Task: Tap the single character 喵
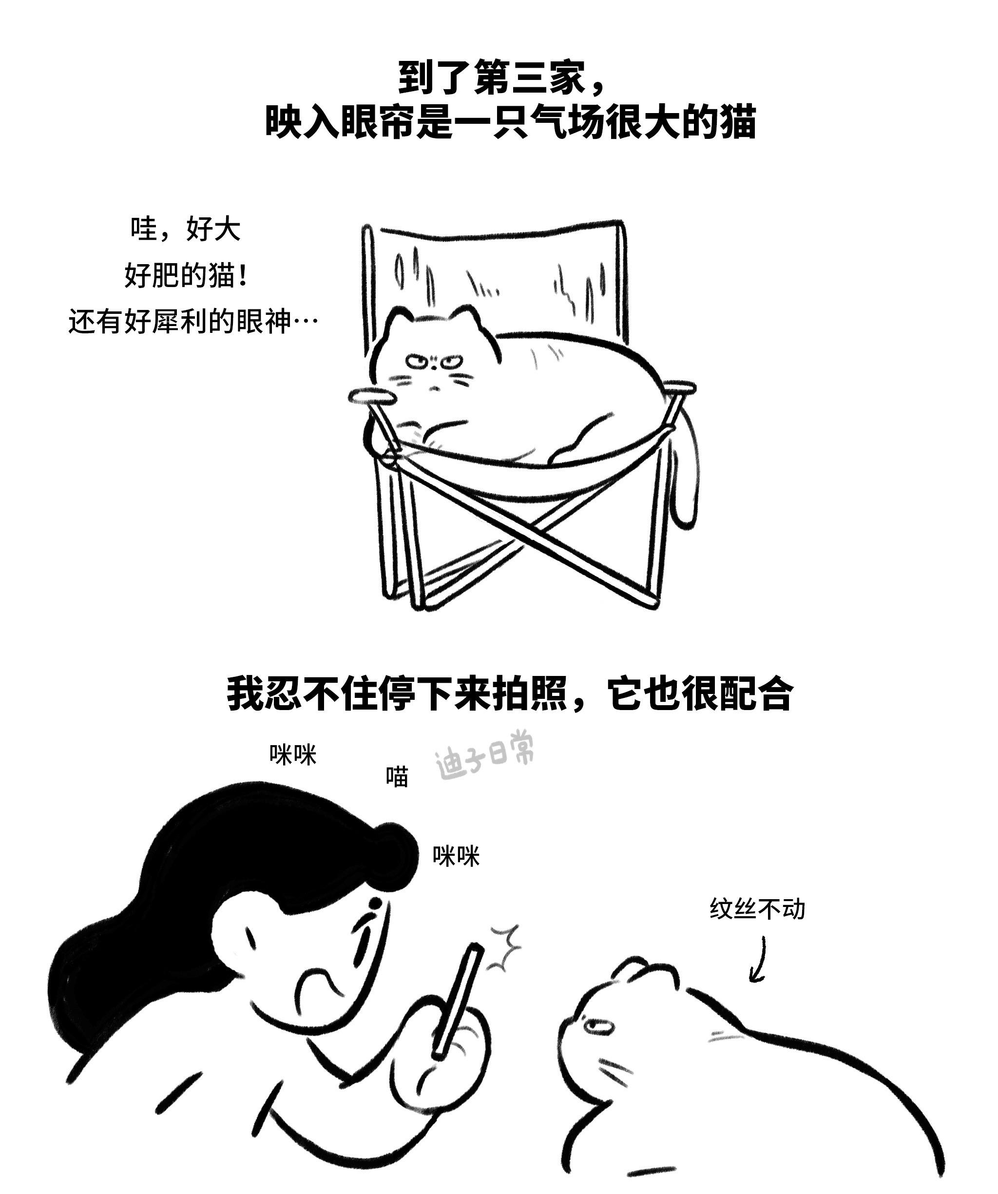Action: coord(397,777)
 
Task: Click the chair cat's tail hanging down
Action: coord(685,472)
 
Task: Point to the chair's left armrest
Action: coord(372,396)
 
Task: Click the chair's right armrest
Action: coord(681,388)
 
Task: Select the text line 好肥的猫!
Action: coord(186,276)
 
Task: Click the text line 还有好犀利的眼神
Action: coord(180,322)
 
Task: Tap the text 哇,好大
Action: coord(186,229)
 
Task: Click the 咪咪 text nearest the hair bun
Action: coord(456,856)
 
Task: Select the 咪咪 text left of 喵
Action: coord(293,754)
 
